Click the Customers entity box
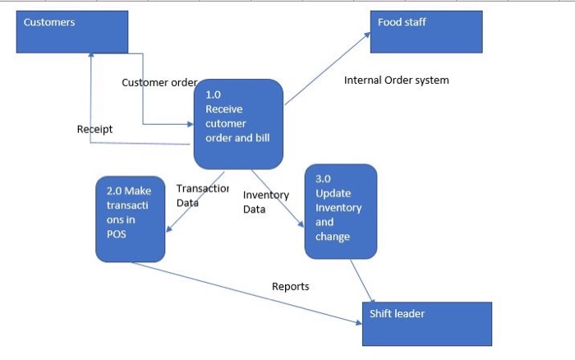click(x=72, y=32)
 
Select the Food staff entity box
click(x=425, y=32)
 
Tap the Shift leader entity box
click(x=426, y=323)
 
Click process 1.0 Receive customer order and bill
click(x=238, y=123)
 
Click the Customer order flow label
click(x=159, y=82)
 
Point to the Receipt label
click(x=94, y=129)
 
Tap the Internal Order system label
click(x=396, y=81)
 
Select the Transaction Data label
click(x=201, y=196)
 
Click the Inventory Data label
click(x=265, y=202)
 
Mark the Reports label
click(x=290, y=286)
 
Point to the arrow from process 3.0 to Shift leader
click(x=363, y=281)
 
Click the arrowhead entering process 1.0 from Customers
click(x=189, y=125)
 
